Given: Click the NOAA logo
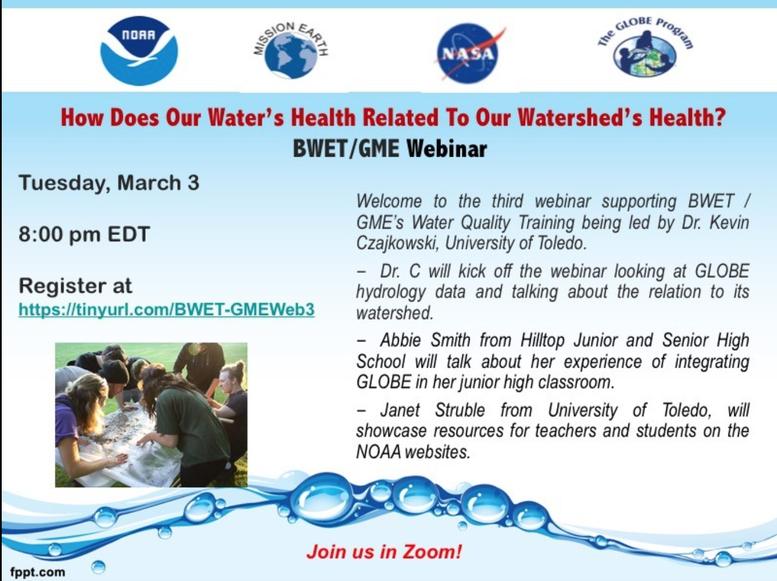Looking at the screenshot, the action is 139,51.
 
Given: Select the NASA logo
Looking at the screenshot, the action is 468,53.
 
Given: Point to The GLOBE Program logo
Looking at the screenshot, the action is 645,47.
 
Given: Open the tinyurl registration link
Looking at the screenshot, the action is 166,309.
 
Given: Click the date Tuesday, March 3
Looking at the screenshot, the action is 109,183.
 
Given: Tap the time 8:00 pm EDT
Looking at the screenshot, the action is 84,234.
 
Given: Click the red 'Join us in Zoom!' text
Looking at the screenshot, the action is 384,552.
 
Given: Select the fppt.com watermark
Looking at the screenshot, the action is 38,572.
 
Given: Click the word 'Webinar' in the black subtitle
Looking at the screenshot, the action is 447,149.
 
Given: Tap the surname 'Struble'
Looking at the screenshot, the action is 460,410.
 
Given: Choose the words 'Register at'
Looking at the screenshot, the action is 75,285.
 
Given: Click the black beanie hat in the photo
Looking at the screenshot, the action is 114,371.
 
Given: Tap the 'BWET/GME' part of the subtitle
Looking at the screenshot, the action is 346,149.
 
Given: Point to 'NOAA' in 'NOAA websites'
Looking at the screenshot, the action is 378,452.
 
